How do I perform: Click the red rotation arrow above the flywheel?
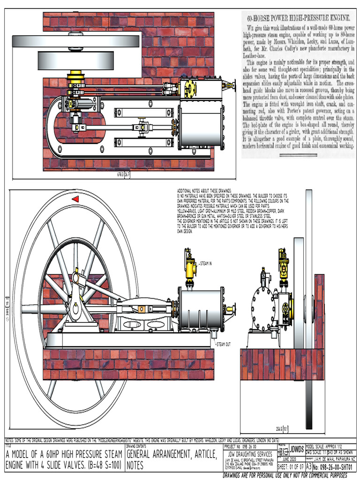[75, 199]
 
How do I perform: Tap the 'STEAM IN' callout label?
[206, 264]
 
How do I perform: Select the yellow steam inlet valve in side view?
[191, 267]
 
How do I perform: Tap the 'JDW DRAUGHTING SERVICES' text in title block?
[249, 454]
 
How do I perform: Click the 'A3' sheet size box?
[308, 467]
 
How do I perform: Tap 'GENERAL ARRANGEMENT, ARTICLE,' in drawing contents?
[172, 454]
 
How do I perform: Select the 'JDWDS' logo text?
[297, 449]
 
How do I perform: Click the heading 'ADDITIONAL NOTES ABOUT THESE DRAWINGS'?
[204, 190]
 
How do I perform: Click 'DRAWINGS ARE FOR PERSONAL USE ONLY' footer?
[288, 475]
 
